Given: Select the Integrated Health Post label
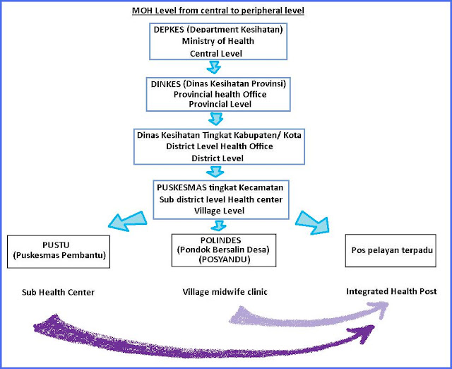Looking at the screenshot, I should [x=391, y=291].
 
